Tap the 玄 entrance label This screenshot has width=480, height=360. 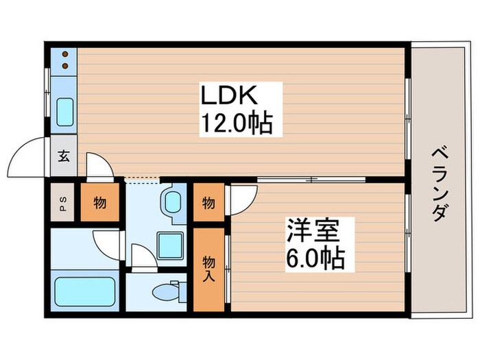click(63, 155)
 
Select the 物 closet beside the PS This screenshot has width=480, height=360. click(99, 203)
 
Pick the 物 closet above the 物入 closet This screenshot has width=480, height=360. click(208, 203)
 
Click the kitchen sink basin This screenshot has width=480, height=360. click(64, 110)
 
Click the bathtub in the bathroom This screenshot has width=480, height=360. click(84, 291)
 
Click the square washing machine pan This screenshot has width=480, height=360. click(171, 245)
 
